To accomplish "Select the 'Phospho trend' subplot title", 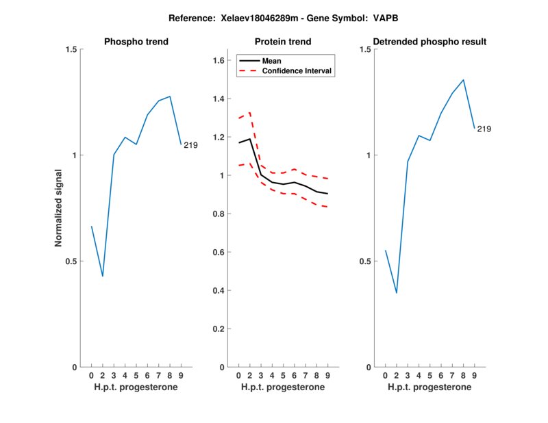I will coord(136,42).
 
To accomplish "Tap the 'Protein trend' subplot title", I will coord(283,42).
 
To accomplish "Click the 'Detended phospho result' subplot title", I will coord(430,42).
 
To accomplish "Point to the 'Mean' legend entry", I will coord(272,60).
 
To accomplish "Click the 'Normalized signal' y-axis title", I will coord(59,208).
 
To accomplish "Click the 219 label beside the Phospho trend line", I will coord(190,144).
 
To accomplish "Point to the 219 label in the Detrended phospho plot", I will coord(484,129).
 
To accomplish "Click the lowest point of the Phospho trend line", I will coord(103,276).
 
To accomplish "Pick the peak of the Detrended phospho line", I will coord(463,79).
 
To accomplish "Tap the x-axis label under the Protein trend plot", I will coord(283,387).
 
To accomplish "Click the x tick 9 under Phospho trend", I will coord(181,375).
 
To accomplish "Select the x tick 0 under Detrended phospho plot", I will coord(386,375).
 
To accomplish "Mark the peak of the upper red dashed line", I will coord(249,112).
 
